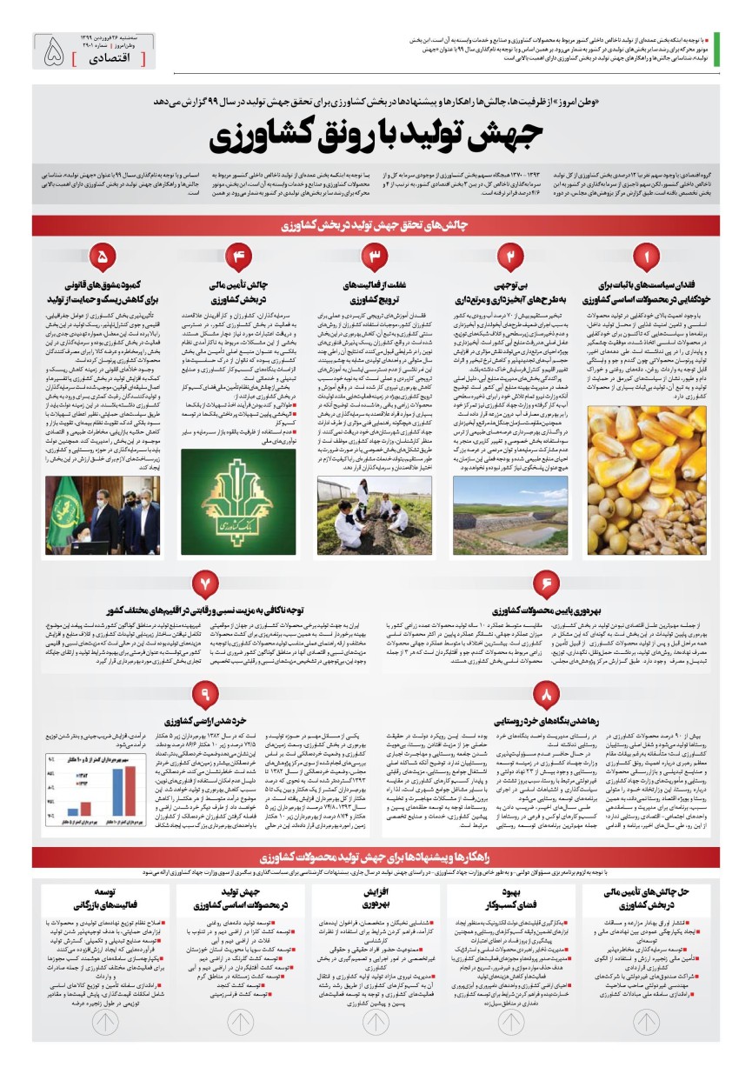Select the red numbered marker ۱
tap(646, 257)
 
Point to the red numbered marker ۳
tap(375, 257)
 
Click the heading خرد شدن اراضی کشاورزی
tap(204, 720)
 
